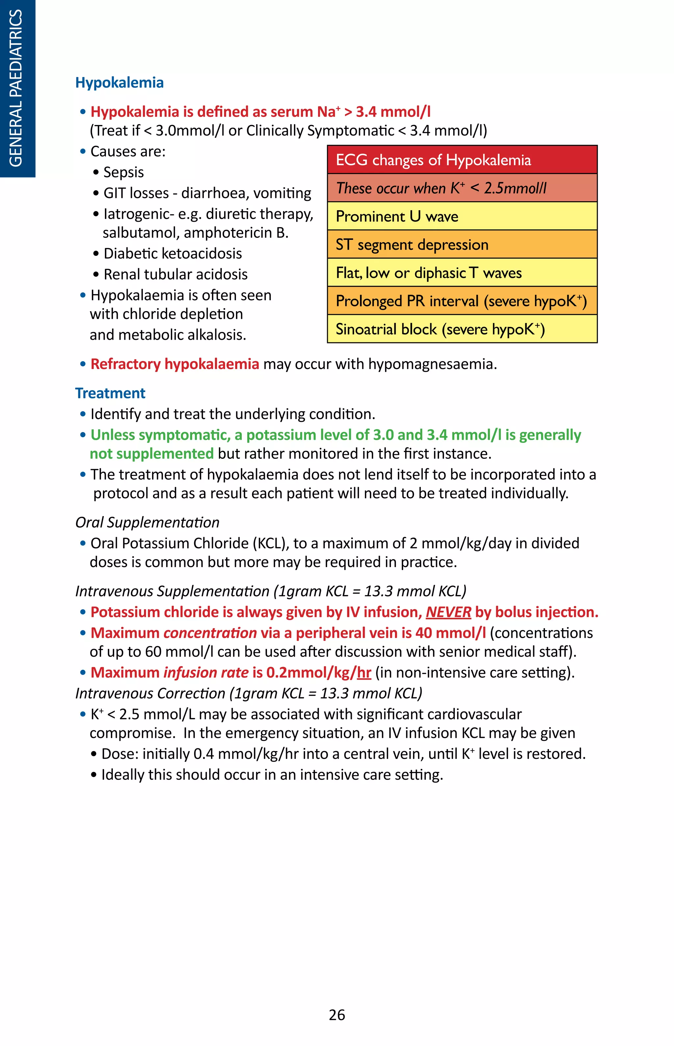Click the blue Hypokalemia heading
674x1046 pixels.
pyautogui.click(x=119, y=83)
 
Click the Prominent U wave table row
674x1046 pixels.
pyautogui.click(x=462, y=216)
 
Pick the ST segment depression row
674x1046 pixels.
pyautogui.click(x=462, y=244)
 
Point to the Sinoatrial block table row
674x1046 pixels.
pyautogui.click(x=462, y=329)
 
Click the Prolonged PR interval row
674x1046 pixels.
pyautogui.click(x=462, y=301)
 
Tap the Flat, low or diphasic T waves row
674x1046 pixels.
pyautogui.click(x=462, y=273)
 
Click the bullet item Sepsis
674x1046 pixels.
pyautogui.click(x=123, y=172)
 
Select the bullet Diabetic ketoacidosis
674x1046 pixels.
pyautogui.click(x=172, y=253)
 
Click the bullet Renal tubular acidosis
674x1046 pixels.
pyautogui.click(x=175, y=274)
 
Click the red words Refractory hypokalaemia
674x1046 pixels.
pyautogui.click(x=175, y=364)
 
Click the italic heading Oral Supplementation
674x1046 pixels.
pyautogui.click(x=147, y=522)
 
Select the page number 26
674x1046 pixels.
pyautogui.click(x=337, y=1014)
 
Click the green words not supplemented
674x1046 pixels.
pyautogui.click(x=151, y=454)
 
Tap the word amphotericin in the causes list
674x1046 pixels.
pyautogui.click(x=228, y=233)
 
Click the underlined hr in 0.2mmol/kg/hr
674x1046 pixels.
pyautogui.click(x=364, y=672)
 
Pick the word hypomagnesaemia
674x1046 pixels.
pyautogui.click(x=432, y=364)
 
